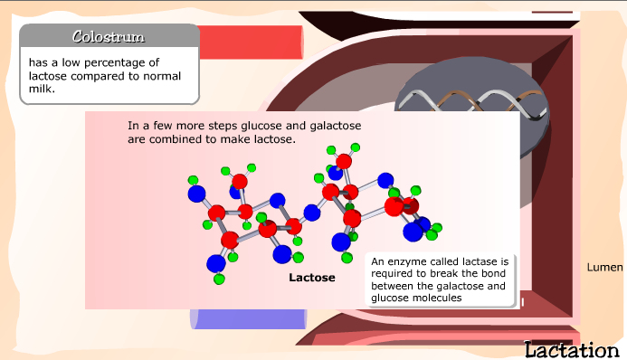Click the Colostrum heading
coord(109,36)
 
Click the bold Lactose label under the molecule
coord(312,278)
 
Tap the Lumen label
coord(604,267)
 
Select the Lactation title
coord(572,350)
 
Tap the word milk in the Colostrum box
coord(42,89)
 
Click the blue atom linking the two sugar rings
coord(312,213)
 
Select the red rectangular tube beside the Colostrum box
coord(251,43)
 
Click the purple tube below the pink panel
coord(248,319)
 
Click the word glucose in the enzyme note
coord(387,298)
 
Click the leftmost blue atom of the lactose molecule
coord(196,194)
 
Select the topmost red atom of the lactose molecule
coord(344,161)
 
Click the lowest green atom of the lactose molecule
coord(219,279)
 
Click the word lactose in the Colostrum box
coord(48,76)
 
